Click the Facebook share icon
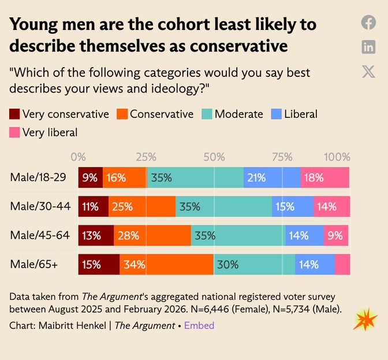[x=368, y=23]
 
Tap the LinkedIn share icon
[x=368, y=47]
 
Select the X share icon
[x=368, y=72]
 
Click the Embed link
[x=199, y=325]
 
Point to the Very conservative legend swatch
[x=14, y=114]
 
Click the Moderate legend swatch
[x=207, y=114]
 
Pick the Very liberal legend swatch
[x=14, y=132]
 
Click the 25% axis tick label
[x=146, y=157]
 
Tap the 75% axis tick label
[x=282, y=157]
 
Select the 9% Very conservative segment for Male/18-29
[x=91, y=177]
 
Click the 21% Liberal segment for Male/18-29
[x=272, y=177]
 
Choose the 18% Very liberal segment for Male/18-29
[x=325, y=177]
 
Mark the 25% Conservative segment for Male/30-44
[x=142, y=206]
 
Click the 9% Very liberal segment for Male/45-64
[x=336, y=235]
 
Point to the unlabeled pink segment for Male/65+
[x=342, y=265]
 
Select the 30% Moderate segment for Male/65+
[x=255, y=265]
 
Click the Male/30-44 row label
[x=40, y=206]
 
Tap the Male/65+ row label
[x=34, y=264]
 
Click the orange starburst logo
[x=365, y=320]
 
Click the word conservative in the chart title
[x=239, y=46]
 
